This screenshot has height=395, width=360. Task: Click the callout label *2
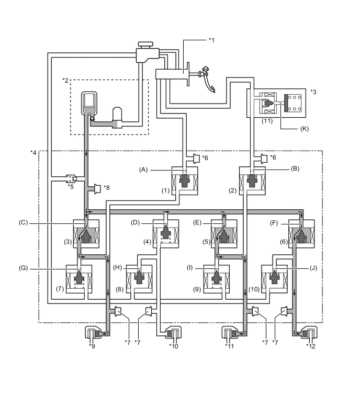click(65, 80)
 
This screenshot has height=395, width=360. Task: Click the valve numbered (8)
click(140, 276)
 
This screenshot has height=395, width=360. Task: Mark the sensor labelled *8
click(97, 187)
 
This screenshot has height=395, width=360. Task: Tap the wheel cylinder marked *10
click(173, 334)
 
